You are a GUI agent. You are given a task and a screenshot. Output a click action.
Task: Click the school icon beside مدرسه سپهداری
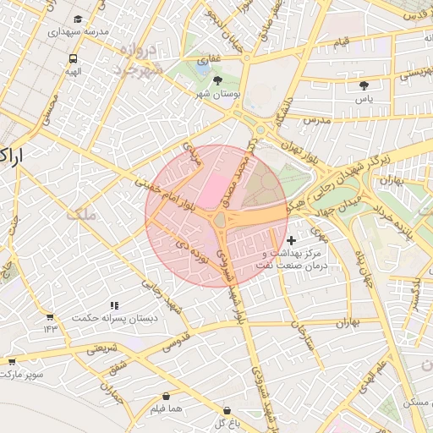(79, 19)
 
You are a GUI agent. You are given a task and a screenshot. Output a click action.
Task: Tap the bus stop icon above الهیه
(73, 59)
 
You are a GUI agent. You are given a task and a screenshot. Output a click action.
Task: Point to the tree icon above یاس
(364, 85)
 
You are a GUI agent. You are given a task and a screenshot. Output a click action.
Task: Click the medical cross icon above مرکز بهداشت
(292, 241)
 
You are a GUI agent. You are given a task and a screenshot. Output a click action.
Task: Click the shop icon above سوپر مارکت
(12, 360)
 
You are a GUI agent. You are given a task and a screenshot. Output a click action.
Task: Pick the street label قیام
(341, 41)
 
